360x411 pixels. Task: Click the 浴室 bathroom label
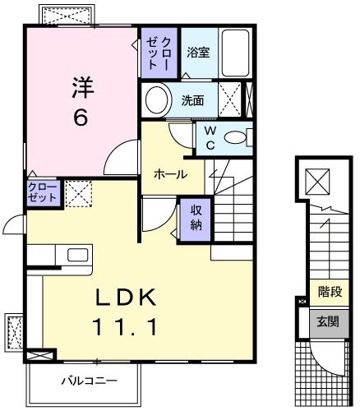click(x=198, y=53)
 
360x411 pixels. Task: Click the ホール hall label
click(x=170, y=174)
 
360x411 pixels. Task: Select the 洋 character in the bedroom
click(x=79, y=85)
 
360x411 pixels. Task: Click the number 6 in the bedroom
click(x=81, y=118)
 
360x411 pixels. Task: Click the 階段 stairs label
click(x=331, y=292)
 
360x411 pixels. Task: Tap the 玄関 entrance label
click(x=331, y=322)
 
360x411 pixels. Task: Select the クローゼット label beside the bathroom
click(x=159, y=52)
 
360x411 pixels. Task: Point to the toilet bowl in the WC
click(x=235, y=138)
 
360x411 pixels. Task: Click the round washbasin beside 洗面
click(x=155, y=101)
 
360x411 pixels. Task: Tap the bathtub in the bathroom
click(x=234, y=53)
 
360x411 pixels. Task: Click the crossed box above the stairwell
click(x=317, y=180)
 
